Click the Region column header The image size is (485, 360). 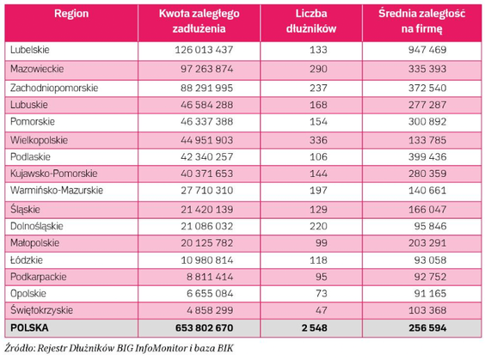click(x=71, y=14)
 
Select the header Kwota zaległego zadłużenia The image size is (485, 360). click(x=199, y=21)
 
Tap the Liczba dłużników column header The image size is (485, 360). click(x=311, y=21)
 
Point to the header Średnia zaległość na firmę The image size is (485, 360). click(x=422, y=21)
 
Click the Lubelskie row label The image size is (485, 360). click(x=30, y=50)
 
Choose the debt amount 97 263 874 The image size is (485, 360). click(x=206, y=69)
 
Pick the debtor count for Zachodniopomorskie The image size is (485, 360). click(x=318, y=88)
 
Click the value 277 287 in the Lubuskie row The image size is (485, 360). click(x=427, y=105)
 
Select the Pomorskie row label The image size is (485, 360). click(x=33, y=121)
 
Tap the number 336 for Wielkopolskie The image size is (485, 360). click(x=318, y=140)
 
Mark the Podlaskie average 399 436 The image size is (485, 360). click(x=427, y=157)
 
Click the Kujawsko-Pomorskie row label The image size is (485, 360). click(x=54, y=174)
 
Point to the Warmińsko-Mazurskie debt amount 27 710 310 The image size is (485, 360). click(x=206, y=191)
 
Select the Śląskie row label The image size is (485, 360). click(x=25, y=210)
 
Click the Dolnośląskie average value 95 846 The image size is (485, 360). click(x=430, y=226)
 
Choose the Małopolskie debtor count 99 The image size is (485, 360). click(x=322, y=243)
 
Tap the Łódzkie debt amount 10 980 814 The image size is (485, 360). click(x=206, y=260)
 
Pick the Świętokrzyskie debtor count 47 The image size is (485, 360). click(x=322, y=310)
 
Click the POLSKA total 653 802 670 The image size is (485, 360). click(x=204, y=328)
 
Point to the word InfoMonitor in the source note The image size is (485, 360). click(x=161, y=348)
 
